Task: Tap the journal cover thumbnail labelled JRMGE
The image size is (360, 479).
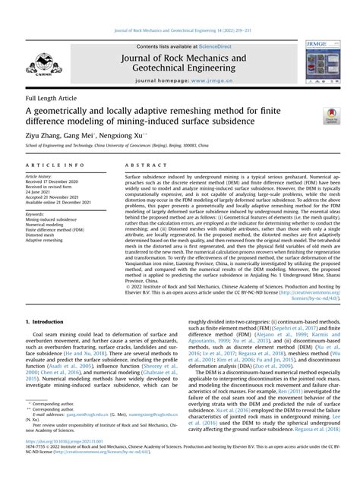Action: tap(325, 62)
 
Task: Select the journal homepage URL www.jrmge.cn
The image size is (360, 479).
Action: tap(205, 80)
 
